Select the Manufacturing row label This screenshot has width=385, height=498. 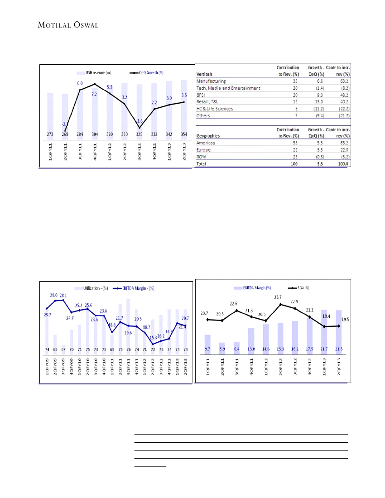pos(211,81)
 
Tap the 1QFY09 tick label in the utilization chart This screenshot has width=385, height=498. pos(47,369)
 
